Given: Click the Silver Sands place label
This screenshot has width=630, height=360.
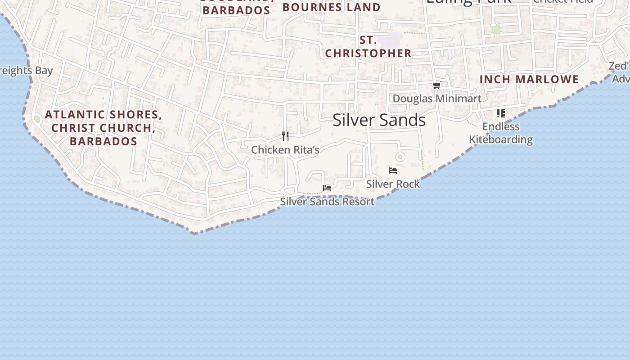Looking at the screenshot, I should (x=379, y=120).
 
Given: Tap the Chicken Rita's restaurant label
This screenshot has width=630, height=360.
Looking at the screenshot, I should (x=285, y=150).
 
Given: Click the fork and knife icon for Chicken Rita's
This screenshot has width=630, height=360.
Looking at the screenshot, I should (x=285, y=136).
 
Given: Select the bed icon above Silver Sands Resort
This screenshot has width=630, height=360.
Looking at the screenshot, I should (x=327, y=188).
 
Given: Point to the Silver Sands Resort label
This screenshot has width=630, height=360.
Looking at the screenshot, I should (x=327, y=202).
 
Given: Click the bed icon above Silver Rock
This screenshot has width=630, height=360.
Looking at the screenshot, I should (x=393, y=171).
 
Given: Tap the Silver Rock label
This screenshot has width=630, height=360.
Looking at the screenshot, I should (x=393, y=184).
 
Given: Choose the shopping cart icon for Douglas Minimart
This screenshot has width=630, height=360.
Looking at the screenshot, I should (x=436, y=85).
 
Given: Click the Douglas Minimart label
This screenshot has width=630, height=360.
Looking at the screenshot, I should (x=437, y=99).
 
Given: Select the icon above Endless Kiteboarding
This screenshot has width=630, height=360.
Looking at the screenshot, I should (x=501, y=113).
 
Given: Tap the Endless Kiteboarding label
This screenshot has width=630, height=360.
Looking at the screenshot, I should (x=501, y=133).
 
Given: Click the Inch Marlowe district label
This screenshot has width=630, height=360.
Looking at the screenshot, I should (x=529, y=80).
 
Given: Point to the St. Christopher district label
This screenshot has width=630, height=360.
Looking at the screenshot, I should (x=368, y=47).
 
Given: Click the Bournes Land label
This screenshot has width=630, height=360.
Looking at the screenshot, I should (x=332, y=7).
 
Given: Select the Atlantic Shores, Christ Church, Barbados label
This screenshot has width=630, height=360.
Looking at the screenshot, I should (x=103, y=128).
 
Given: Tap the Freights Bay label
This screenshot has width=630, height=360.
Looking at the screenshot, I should (x=26, y=71).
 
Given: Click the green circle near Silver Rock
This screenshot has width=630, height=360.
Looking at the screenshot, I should (x=400, y=157).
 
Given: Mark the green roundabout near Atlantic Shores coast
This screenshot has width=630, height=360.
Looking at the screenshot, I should (x=37, y=119).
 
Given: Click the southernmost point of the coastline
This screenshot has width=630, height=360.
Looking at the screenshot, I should (x=194, y=233).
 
